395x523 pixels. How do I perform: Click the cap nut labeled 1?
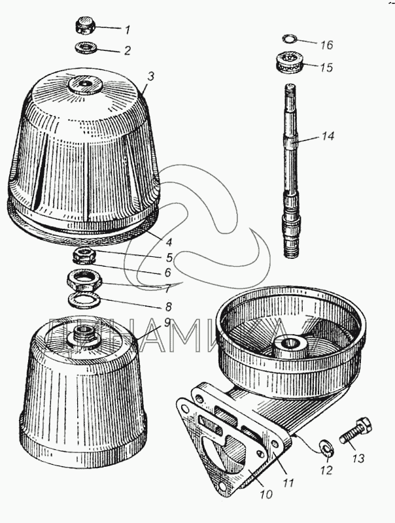tap(85, 25)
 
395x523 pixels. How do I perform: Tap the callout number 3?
tap(151, 76)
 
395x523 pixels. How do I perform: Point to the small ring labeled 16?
tap(289, 39)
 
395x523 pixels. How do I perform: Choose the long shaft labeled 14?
tap(291, 170)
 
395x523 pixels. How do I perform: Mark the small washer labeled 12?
tap(326, 448)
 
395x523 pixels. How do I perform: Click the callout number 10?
tap(266, 494)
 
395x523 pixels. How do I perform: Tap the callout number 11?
tap(288, 482)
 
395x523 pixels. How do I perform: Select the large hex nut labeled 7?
tap(84, 281)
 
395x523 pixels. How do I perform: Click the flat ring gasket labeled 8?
tap(84, 300)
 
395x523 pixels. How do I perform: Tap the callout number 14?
tap(328, 136)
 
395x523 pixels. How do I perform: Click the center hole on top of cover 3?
tap(84, 83)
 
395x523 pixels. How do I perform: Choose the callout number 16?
tap(326, 44)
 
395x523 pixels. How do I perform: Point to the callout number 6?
tap(167, 273)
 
